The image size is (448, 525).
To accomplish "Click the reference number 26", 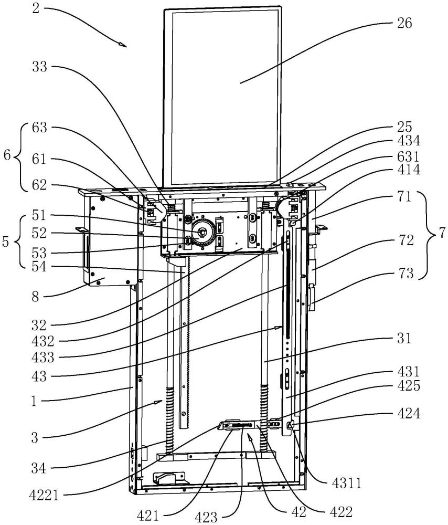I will tap(405, 23).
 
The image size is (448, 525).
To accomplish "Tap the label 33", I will tap(40, 67).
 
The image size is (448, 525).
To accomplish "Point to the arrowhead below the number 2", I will tap(124, 46).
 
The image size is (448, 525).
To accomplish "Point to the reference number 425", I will tap(405, 387).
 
